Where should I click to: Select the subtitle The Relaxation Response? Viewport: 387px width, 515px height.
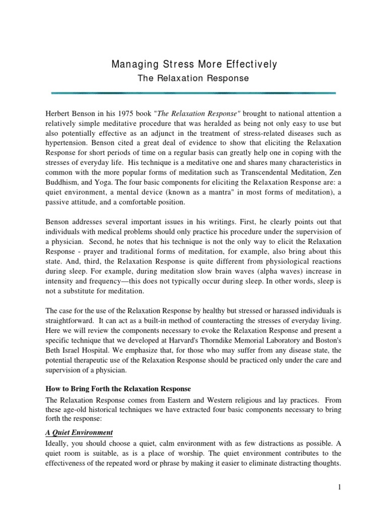(x=193, y=78)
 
